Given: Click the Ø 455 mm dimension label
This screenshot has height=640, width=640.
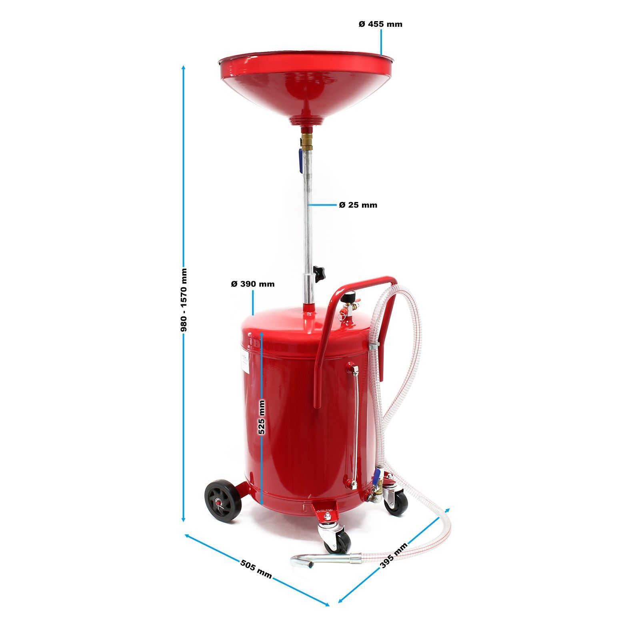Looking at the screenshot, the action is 380,24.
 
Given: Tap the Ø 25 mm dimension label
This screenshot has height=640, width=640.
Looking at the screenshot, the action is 358,205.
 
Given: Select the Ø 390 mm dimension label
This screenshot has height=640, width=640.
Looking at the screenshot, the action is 253,284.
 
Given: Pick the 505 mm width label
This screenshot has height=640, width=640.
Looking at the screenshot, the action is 256,569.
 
